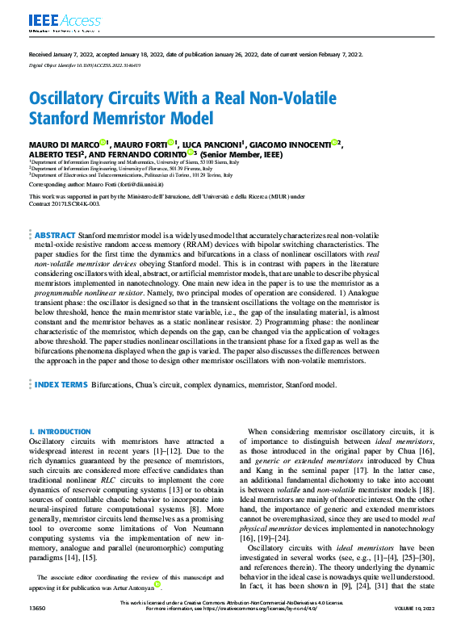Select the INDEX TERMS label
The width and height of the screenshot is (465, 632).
[x=61, y=385]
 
